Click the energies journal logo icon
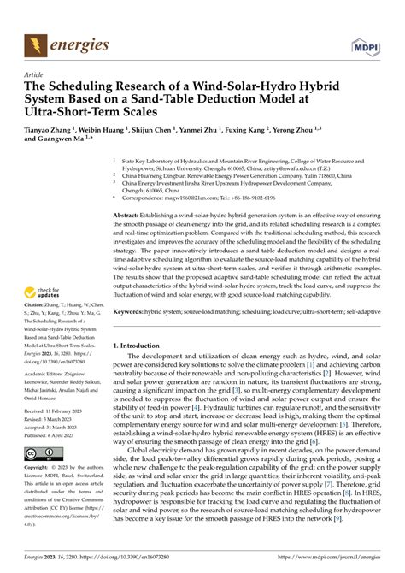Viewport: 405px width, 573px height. click(33, 42)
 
